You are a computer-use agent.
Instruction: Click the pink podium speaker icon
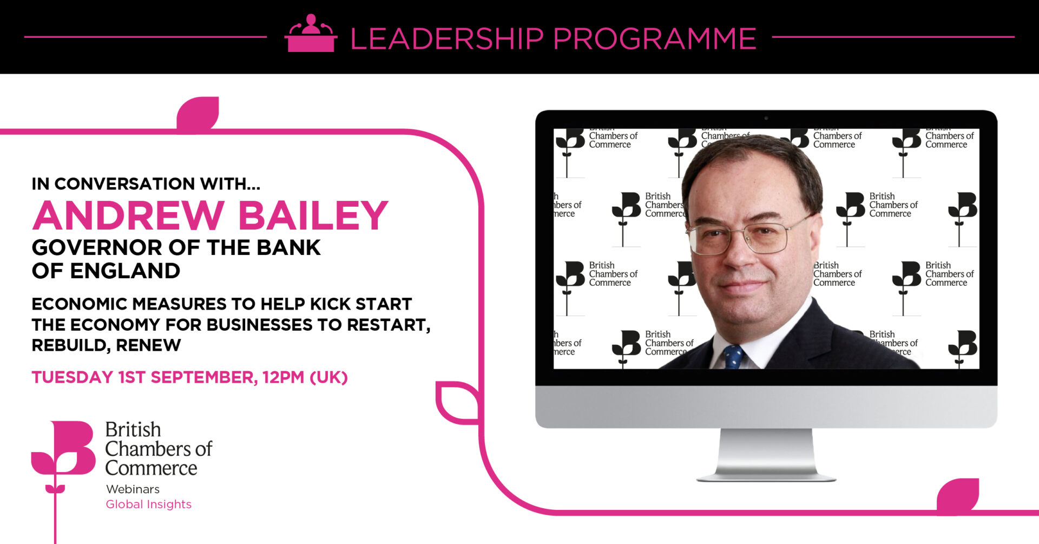pos(311,33)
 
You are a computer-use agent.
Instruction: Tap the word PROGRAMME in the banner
pos(655,38)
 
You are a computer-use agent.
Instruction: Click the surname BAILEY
pos(313,215)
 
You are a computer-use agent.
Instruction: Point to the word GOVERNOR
pos(98,248)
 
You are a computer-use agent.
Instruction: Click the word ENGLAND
pos(125,271)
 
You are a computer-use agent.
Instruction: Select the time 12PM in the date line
pos(284,377)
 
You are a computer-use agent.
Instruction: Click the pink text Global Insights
pos(149,504)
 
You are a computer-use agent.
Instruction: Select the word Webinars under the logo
pos(133,489)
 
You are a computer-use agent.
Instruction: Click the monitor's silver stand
pos(766,455)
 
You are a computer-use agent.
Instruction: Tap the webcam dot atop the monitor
pos(766,118)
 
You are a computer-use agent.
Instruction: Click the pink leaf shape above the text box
pos(198,113)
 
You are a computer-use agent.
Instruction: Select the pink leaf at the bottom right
pos(958,494)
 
